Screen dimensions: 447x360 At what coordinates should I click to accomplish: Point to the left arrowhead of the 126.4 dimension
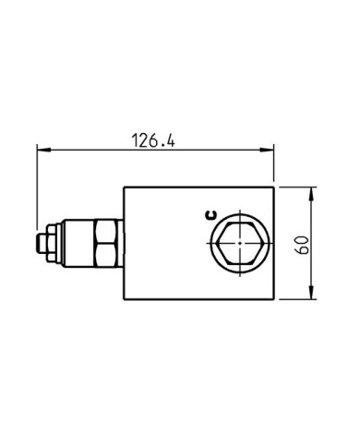point(39,149)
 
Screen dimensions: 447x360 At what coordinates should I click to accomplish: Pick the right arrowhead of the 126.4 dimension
point(273,149)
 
